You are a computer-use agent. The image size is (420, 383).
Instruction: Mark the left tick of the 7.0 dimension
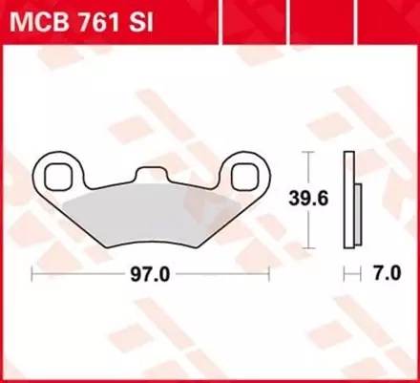coord(346,275)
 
